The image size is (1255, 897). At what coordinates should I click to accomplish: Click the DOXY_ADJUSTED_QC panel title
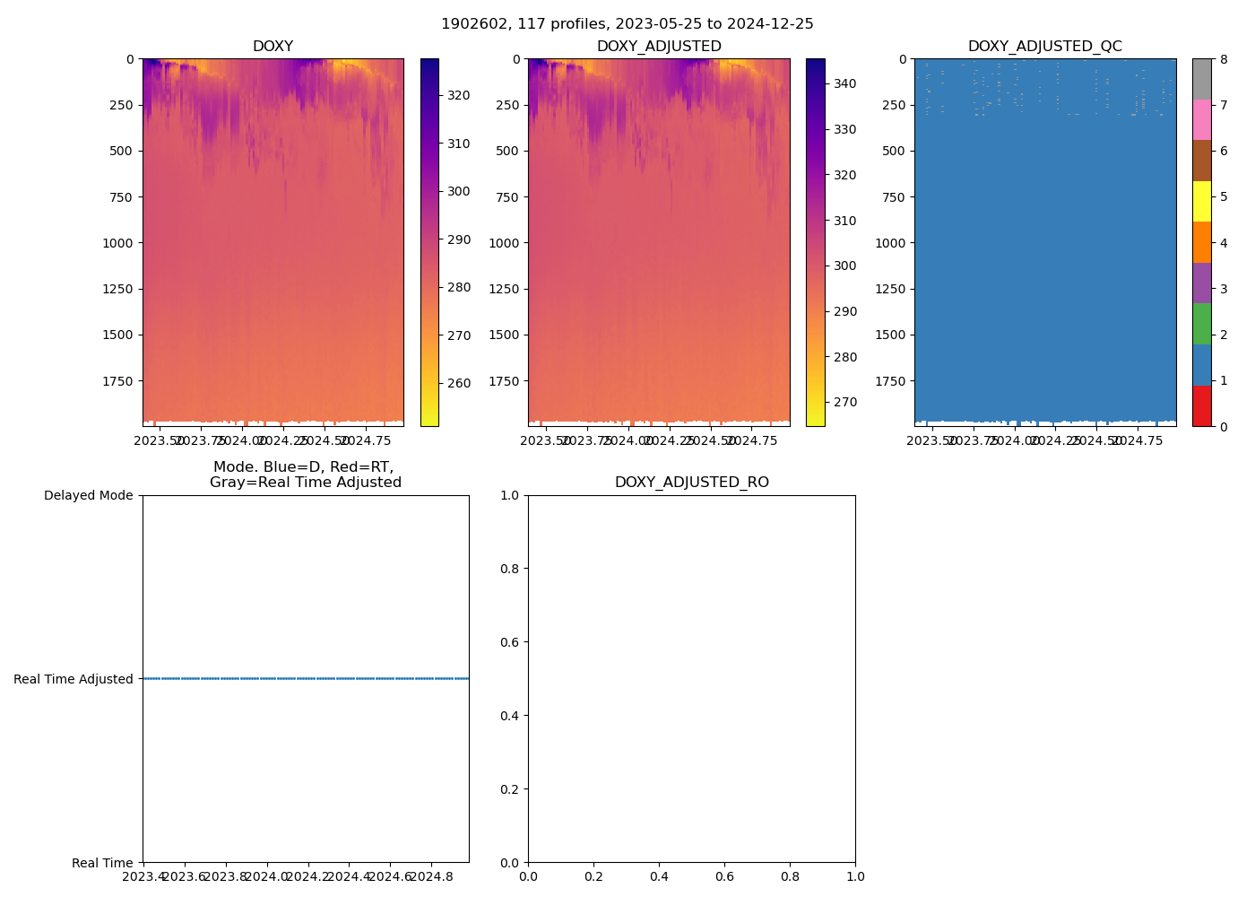[x=1044, y=47]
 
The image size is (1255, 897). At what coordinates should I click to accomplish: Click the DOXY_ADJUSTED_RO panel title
[x=691, y=483]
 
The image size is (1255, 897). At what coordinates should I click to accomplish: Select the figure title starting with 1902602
[x=627, y=24]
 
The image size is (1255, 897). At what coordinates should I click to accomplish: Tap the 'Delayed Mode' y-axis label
[x=88, y=495]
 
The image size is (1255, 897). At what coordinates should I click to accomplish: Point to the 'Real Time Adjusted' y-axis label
[x=74, y=679]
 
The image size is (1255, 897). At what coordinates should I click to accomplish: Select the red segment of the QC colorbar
[x=1201, y=405]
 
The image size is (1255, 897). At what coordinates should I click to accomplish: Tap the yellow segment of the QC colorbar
[x=1201, y=201]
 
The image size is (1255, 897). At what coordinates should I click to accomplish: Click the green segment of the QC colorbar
[x=1201, y=324]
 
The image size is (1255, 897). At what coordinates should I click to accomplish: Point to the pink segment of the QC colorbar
[x=1201, y=119]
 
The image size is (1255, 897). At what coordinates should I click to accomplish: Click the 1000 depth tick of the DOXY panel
[x=118, y=243]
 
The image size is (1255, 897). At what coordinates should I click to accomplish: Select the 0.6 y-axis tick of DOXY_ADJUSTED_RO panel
[x=508, y=642]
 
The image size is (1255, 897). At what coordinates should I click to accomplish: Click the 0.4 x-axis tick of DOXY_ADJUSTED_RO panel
[x=659, y=876]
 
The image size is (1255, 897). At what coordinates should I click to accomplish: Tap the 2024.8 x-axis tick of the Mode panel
[x=432, y=876]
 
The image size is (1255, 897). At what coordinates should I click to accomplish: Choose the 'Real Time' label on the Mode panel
[x=102, y=863]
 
